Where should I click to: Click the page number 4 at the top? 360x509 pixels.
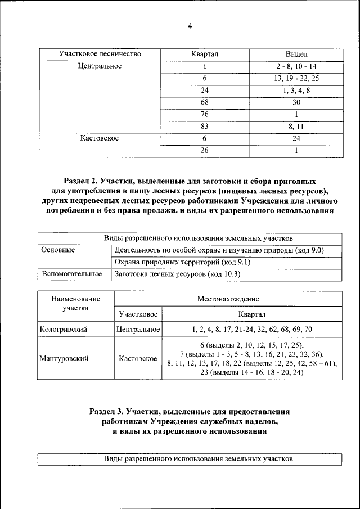(x=190, y=26)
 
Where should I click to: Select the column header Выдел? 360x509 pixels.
(x=296, y=54)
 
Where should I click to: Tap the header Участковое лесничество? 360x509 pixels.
(x=100, y=54)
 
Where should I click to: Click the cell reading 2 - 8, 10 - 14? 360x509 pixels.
(x=296, y=66)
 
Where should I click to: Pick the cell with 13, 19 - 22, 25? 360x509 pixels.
(x=296, y=78)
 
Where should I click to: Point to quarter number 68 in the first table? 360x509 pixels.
(x=205, y=102)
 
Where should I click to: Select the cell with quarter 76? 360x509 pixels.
(x=205, y=114)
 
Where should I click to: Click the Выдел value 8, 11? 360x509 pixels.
(x=296, y=127)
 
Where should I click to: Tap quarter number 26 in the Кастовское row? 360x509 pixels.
(x=205, y=151)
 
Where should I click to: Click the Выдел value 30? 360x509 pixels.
(x=296, y=102)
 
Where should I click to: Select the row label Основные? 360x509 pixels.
(x=58, y=250)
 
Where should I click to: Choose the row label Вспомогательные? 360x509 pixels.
(x=71, y=274)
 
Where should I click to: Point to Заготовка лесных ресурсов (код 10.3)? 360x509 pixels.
(x=177, y=274)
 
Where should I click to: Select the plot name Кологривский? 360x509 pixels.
(x=63, y=329)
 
